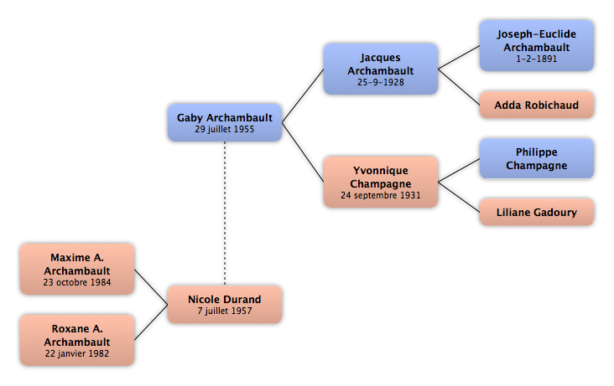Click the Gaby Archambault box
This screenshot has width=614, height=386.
click(225, 122)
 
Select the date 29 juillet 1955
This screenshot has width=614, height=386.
click(225, 129)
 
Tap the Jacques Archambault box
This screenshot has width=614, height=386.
click(381, 69)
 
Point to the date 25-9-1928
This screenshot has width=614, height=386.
click(381, 82)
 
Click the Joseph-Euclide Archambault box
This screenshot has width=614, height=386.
click(537, 46)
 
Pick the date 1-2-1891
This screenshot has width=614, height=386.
click(537, 59)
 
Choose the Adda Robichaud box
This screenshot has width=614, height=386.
click(537, 105)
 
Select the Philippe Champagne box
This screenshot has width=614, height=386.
click(537, 158)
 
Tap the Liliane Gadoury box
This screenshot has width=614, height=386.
click(537, 212)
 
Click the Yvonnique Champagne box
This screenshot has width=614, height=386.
click(381, 182)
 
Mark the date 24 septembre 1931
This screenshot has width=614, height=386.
click(381, 195)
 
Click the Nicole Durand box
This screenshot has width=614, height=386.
click(225, 304)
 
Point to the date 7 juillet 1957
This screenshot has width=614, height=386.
click(225, 311)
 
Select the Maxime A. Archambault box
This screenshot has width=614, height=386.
click(77, 269)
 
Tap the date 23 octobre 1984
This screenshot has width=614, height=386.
click(77, 282)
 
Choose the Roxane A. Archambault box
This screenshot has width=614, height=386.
click(77, 340)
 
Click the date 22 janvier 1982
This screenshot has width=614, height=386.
click(77, 353)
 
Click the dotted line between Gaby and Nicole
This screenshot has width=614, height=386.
click(225, 214)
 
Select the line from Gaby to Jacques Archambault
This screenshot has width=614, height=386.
click(303, 95)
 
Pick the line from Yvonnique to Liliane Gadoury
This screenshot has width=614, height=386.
click(459, 197)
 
